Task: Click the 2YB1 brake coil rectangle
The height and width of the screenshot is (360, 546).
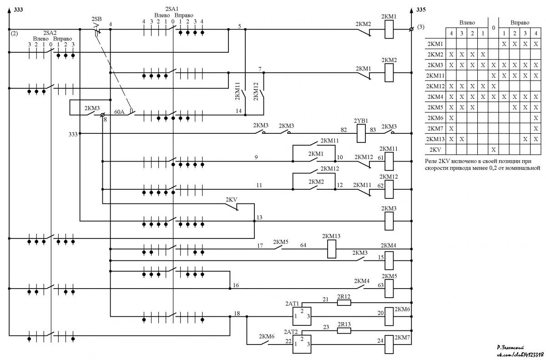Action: coord(361,133)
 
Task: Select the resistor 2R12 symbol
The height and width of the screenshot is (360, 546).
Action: coord(344,303)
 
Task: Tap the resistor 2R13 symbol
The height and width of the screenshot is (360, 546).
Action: coord(344,330)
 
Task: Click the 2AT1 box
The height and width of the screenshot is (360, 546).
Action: coord(302,316)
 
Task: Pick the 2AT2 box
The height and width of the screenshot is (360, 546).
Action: coord(302,344)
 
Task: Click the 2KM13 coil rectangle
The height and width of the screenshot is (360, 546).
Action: coord(332,249)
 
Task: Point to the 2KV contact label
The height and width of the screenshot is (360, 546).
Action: coord(231,200)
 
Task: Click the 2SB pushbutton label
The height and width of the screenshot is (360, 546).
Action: coord(96,19)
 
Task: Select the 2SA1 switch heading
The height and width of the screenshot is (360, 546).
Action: coord(172,9)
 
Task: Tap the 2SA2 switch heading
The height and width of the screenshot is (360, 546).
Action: coord(50,33)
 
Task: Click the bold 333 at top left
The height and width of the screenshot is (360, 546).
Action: coord(18,10)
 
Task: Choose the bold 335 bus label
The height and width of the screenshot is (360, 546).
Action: coord(421,10)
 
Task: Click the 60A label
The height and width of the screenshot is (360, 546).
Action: coord(119,112)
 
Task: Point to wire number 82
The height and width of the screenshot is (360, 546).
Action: coord(344,130)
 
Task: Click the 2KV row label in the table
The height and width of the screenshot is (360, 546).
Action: coord(435,150)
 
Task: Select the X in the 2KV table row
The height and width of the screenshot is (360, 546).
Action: coord(494,150)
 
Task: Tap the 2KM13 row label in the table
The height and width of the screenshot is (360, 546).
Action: coord(435,139)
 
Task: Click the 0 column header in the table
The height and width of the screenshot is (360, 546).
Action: coord(494,28)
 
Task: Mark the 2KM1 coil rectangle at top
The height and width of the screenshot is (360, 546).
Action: coord(389,29)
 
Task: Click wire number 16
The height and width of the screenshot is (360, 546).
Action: coord(236,285)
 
